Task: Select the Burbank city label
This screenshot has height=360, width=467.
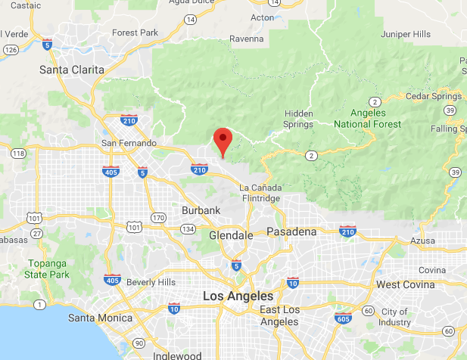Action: point(201,209)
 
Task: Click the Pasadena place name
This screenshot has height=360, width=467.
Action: point(291,231)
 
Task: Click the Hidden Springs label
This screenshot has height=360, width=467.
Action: point(297,119)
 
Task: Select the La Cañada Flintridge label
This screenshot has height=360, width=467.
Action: point(260,192)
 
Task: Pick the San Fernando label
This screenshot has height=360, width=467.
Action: point(129,143)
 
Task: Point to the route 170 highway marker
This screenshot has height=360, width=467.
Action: point(158,219)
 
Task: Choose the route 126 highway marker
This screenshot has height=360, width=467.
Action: point(11,49)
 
